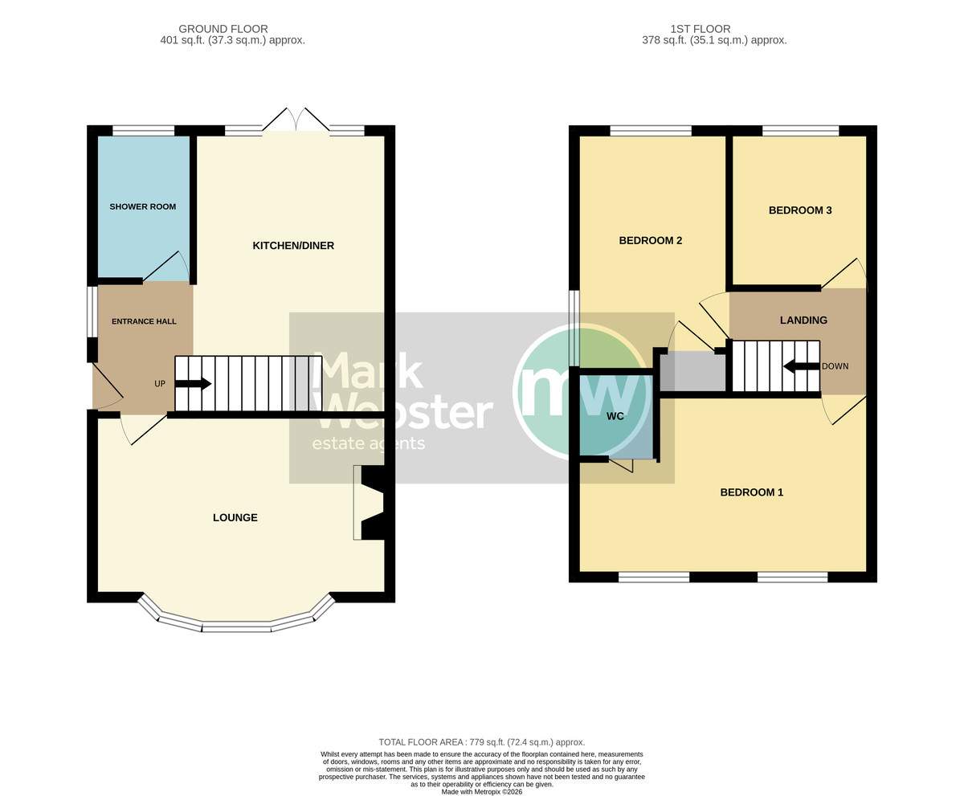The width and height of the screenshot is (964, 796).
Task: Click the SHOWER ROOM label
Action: tap(143, 207)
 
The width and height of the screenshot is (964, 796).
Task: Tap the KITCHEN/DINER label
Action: tap(293, 246)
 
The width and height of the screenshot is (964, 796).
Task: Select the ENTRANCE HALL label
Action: tap(144, 321)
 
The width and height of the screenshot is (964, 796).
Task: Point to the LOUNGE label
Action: tap(235, 517)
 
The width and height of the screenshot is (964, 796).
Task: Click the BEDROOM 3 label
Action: tap(800, 210)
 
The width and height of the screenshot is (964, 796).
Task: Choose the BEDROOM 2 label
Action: tap(651, 240)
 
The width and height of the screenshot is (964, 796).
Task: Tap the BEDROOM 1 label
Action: tap(752, 492)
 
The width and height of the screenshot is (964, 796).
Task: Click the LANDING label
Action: tap(803, 320)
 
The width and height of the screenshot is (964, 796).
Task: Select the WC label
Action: tap(615, 416)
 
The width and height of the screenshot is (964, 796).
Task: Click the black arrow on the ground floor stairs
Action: tap(194, 384)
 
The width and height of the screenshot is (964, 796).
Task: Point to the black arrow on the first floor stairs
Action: tap(802, 367)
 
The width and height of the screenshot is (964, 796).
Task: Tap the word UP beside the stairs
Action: tap(160, 384)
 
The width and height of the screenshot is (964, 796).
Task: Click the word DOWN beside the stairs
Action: tap(835, 366)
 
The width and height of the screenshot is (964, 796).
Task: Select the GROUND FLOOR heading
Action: tap(223, 29)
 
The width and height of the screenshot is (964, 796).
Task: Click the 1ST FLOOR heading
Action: tap(701, 29)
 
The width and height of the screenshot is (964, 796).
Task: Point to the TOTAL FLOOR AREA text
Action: tap(481, 742)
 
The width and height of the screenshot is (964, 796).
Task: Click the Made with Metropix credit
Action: tap(481, 792)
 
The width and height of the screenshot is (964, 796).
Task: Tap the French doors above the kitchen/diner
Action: tap(296, 121)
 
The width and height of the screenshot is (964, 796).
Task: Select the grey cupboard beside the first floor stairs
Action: tap(693, 372)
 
